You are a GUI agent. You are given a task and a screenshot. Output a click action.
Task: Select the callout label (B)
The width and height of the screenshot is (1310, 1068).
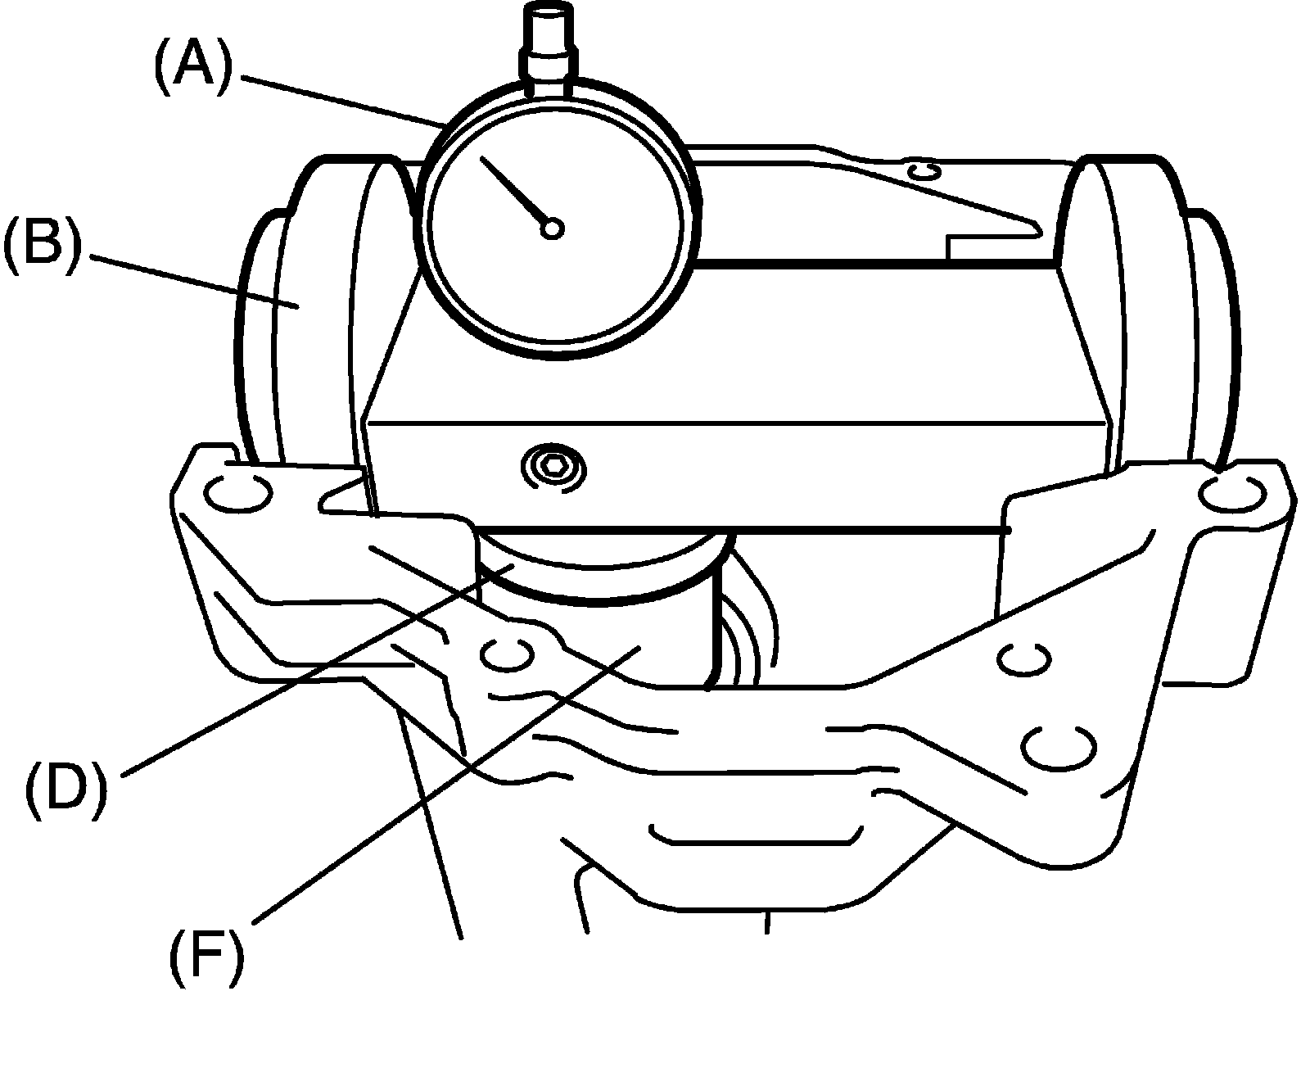pos(43,240)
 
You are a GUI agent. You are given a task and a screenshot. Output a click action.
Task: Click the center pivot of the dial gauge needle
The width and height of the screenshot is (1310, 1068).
pos(553,229)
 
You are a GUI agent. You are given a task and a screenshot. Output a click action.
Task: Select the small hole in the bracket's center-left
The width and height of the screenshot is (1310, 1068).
pos(507,654)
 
